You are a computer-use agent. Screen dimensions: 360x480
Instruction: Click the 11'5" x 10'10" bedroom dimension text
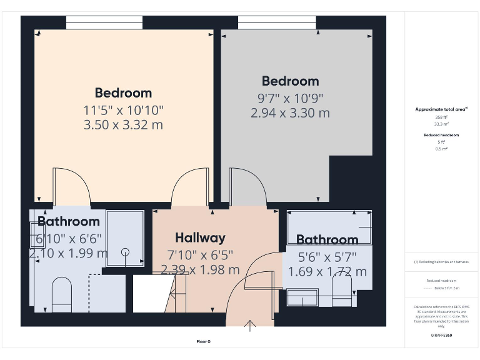123,110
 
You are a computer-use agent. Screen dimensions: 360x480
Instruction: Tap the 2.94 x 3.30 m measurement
290,113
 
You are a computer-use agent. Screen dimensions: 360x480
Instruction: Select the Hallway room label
200,237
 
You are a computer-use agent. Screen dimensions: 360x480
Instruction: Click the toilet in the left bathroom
61,294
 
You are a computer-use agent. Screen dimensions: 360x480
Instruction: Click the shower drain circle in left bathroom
125,252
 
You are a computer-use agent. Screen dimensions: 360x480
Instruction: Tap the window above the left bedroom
104,22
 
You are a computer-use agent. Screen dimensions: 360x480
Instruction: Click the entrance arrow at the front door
251,325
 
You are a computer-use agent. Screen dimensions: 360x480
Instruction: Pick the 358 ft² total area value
441,117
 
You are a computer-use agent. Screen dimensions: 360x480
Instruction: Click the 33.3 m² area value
441,124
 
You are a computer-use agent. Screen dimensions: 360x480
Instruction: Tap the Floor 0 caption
204,342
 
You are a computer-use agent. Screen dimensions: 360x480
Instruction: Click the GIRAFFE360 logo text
441,336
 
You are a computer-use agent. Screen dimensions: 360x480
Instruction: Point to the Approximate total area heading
441,109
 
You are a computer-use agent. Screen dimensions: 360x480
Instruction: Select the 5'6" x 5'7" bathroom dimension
327,256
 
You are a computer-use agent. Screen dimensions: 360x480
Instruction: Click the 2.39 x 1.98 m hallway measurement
200,269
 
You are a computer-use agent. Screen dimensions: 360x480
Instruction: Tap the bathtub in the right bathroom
329,226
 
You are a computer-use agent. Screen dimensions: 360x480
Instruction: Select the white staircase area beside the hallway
151,294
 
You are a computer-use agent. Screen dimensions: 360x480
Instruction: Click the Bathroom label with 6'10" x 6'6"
69,221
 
